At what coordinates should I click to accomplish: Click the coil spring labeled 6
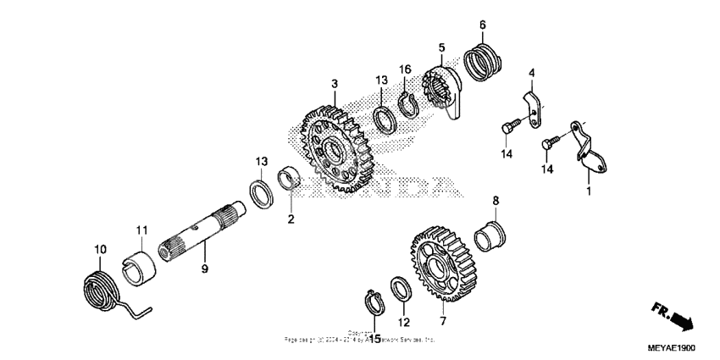[x=484, y=64]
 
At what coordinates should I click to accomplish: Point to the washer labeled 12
[x=402, y=291]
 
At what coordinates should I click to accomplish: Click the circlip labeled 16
[x=407, y=102]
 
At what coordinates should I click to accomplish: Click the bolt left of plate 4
[x=507, y=127]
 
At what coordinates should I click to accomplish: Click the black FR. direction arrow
[x=673, y=317]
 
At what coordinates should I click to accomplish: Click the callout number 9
[x=204, y=269]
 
